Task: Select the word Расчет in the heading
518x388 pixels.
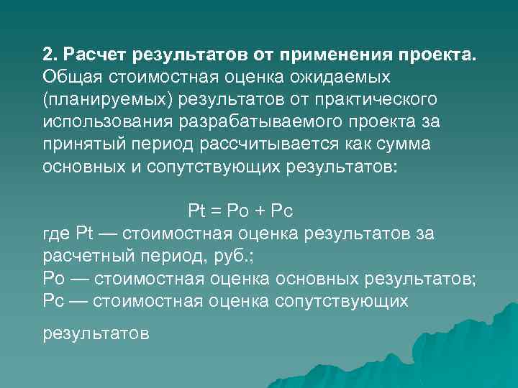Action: (x=93, y=55)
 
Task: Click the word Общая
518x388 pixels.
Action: (x=71, y=76)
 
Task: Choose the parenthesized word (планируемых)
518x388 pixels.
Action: (x=96, y=98)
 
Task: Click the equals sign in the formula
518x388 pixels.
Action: (x=217, y=211)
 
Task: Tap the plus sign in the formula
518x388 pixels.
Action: (x=263, y=211)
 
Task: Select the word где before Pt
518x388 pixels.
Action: (x=56, y=234)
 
